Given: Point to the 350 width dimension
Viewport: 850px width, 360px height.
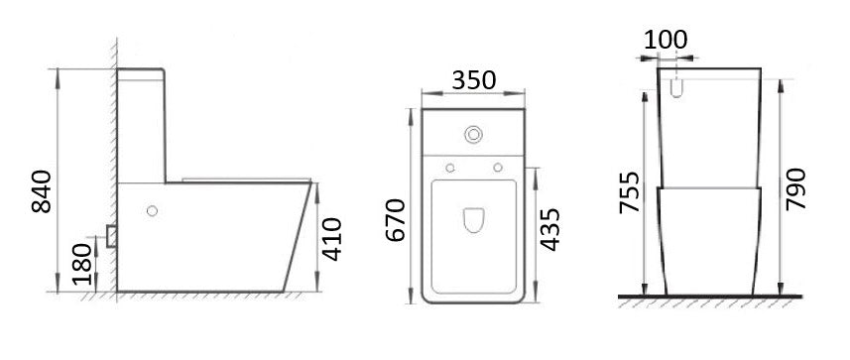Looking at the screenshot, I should point(472,77).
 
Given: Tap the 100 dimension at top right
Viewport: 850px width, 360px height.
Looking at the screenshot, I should point(666,40).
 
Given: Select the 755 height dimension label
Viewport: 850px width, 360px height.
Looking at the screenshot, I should point(628,206).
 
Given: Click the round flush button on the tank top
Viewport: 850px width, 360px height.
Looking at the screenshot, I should point(473,133).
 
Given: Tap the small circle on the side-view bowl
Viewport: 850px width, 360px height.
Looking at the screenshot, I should point(152,210).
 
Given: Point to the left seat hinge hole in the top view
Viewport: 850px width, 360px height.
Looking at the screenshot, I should point(450,166).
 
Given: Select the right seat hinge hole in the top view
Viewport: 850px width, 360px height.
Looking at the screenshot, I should point(496,166).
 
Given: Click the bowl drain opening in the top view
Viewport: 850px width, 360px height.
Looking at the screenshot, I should point(473,220).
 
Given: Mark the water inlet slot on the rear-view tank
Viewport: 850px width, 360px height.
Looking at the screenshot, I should point(679,87).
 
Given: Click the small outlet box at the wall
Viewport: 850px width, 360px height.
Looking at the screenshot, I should point(112,235).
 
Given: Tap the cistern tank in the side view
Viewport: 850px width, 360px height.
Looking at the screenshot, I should point(143,124).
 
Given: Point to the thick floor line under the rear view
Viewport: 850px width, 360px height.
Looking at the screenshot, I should point(710,297).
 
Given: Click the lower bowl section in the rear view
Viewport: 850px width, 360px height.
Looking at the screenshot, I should point(710,238).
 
